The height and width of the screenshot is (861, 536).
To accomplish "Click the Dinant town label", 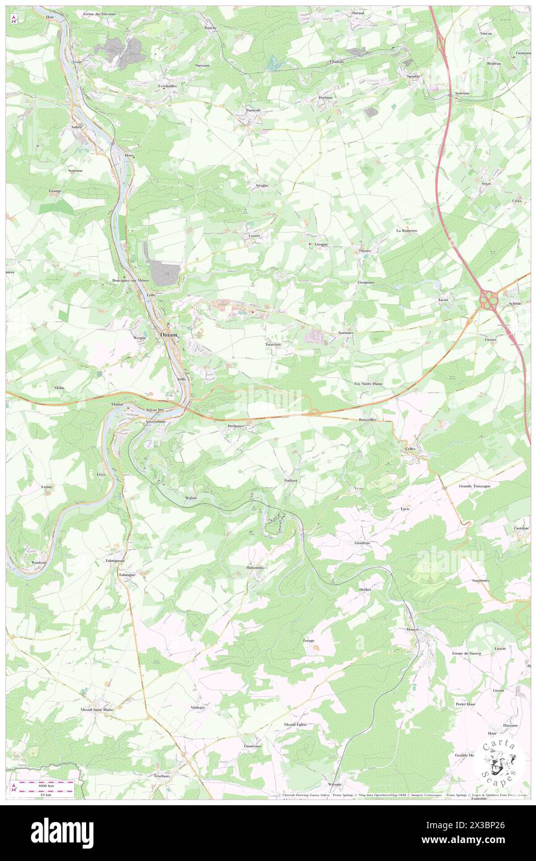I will (168, 334).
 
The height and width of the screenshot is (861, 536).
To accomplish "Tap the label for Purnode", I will (253, 110).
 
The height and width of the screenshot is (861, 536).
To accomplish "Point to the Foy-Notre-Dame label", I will (368, 383).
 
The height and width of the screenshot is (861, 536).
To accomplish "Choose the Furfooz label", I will (292, 481).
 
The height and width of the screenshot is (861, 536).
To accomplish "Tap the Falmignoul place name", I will (116, 560).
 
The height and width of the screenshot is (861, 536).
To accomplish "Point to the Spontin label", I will (413, 76).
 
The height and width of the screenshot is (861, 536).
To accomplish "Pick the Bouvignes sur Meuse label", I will (131, 280).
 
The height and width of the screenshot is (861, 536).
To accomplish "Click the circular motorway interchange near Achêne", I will (489, 301).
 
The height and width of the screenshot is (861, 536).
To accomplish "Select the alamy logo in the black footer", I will (62, 833).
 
